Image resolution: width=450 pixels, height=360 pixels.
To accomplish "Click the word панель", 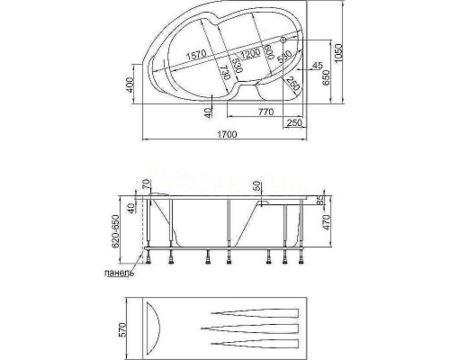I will coord(120,272).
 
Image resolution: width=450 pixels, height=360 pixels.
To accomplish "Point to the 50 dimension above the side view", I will coord(258,186).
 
